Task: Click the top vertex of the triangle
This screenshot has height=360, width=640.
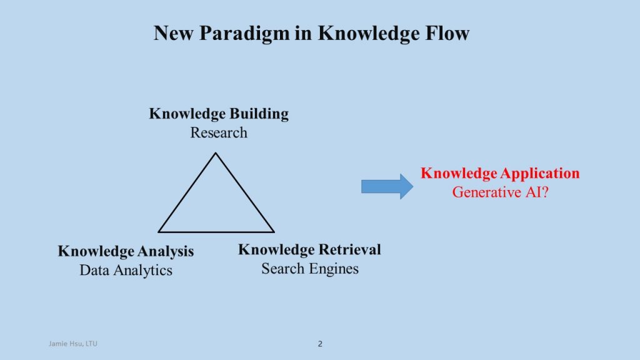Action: (x=216, y=153)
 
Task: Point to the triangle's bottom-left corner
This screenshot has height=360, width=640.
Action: (x=159, y=231)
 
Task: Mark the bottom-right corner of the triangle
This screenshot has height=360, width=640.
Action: (x=273, y=231)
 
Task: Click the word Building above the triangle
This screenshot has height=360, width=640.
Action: (x=259, y=114)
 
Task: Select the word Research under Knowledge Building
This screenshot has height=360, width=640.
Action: (x=219, y=132)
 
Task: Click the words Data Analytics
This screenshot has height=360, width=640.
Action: (x=126, y=270)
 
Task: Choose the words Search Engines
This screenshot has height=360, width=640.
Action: (x=310, y=269)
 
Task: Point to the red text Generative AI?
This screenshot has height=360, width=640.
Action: (x=500, y=192)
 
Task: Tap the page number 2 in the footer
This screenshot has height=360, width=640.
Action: (x=320, y=344)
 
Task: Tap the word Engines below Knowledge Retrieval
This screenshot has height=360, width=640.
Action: (x=336, y=269)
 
